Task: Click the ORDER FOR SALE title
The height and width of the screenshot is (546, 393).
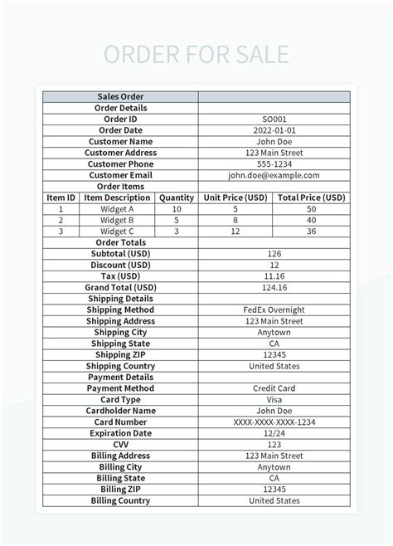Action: click(196, 55)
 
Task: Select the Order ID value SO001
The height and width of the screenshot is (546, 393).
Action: click(274, 119)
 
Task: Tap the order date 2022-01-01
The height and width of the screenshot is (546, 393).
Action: click(274, 130)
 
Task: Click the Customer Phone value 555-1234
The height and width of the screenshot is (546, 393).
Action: click(274, 164)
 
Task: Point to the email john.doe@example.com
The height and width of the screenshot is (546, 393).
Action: click(274, 175)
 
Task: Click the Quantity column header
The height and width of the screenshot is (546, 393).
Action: click(177, 197)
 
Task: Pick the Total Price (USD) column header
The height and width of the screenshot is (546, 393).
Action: click(311, 197)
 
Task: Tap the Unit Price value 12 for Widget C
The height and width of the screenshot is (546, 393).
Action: click(235, 232)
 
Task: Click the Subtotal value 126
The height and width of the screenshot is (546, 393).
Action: click(274, 254)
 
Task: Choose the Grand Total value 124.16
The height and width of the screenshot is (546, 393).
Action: click(274, 287)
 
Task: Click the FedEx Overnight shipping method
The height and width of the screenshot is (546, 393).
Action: click(274, 310)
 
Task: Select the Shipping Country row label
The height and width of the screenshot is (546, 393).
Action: click(121, 366)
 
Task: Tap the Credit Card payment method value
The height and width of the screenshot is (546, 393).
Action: click(274, 388)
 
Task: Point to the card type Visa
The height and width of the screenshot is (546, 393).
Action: click(274, 399)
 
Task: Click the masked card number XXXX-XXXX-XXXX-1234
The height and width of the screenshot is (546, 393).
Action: click(274, 422)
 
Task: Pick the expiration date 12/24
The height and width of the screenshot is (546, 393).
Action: click(274, 433)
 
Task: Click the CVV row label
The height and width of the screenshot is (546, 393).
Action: click(121, 444)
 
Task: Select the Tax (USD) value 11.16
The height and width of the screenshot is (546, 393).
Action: click(274, 276)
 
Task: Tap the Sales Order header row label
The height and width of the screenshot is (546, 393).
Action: click(121, 97)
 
